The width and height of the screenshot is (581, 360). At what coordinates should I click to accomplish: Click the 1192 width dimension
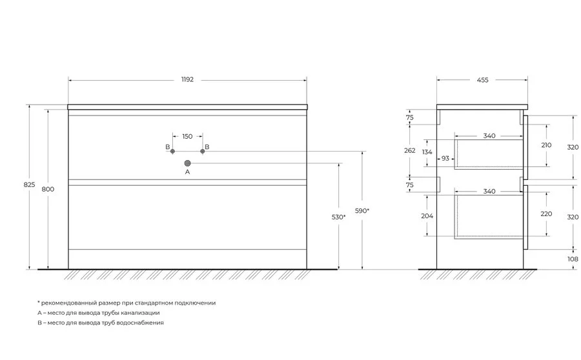click(187, 79)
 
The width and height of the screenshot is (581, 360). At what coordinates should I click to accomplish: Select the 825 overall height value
click(29, 185)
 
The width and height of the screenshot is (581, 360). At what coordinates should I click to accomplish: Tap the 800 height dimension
click(48, 189)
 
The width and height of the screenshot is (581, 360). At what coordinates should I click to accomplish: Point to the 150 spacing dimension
click(187, 137)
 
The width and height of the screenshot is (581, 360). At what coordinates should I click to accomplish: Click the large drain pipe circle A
click(187, 163)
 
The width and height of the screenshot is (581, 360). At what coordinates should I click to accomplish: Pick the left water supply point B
click(172, 151)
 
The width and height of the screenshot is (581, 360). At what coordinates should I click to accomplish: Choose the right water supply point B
click(202, 151)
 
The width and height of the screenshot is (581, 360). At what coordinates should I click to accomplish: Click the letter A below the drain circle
click(187, 172)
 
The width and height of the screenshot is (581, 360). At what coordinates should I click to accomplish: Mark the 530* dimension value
click(339, 217)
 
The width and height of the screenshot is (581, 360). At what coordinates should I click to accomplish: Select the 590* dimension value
click(362, 211)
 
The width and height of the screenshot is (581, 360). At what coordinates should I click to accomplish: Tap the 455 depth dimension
click(482, 80)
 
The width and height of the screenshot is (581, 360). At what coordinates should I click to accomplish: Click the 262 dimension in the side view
click(410, 151)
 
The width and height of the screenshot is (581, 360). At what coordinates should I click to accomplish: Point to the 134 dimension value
click(427, 152)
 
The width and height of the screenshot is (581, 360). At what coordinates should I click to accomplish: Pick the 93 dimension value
click(445, 159)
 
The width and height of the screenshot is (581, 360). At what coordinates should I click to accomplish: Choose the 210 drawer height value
click(547, 145)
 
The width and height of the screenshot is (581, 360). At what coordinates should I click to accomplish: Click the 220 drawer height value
click(547, 214)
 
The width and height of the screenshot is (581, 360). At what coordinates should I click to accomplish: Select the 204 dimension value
click(427, 216)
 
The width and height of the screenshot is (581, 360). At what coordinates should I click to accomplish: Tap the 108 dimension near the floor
click(573, 259)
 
